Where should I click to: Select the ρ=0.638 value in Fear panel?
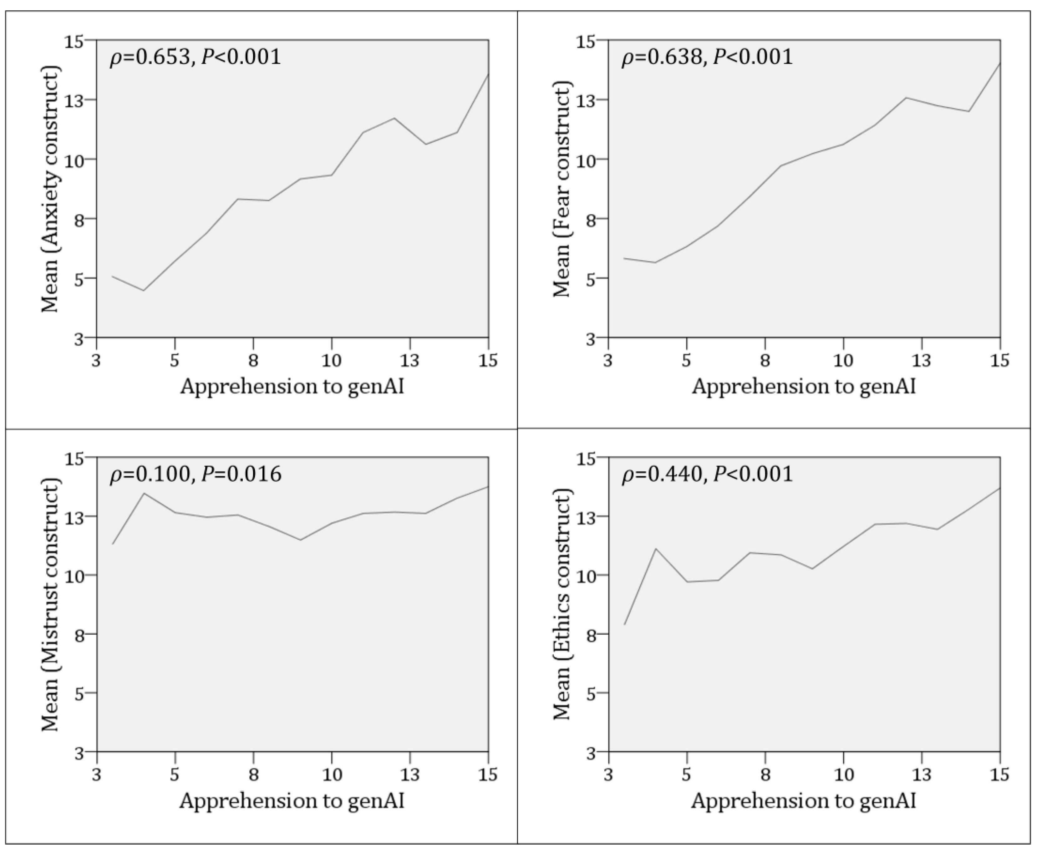pos(662,58)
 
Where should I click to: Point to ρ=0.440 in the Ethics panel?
pos(662,474)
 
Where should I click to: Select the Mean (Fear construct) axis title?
pos(562,189)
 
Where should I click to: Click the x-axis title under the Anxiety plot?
pos(292,387)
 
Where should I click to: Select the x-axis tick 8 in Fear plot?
pos(765,361)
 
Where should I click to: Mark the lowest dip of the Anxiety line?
pos(143,290)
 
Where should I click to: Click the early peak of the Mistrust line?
pos(144,493)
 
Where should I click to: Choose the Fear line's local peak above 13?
pos(906,97)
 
